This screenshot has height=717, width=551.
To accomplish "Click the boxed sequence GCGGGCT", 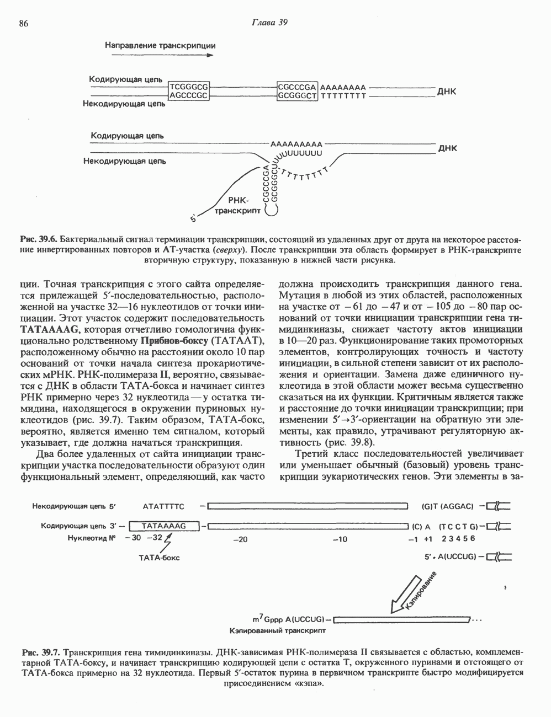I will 298,95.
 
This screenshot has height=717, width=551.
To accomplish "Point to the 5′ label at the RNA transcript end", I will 193,220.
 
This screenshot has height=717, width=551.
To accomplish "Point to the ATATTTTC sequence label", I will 163,505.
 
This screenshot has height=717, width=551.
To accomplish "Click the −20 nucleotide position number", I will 240,539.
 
